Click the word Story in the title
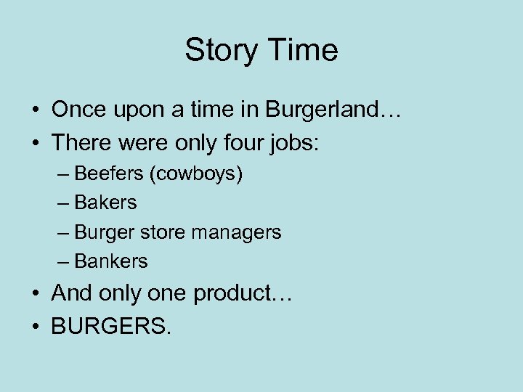point(221,51)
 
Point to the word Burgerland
point(320,110)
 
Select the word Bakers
point(105,203)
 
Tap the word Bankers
point(111,261)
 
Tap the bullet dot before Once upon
point(35,111)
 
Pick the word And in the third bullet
point(70,293)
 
